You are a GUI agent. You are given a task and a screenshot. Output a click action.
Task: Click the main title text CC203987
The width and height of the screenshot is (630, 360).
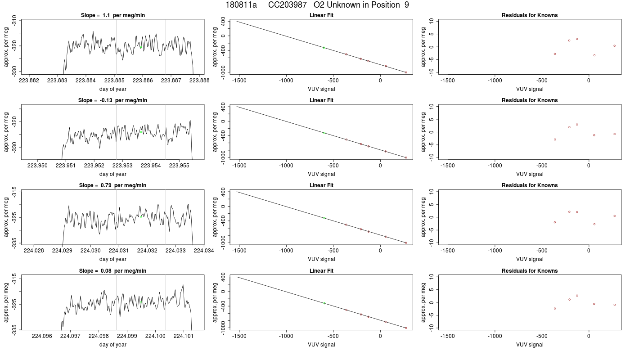pyautogui.click(x=287, y=5)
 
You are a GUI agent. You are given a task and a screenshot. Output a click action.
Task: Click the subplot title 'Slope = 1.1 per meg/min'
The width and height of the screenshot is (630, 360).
pyautogui.click(x=113, y=15)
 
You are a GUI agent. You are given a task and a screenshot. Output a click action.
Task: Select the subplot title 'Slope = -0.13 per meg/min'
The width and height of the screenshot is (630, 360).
pyautogui.click(x=113, y=100)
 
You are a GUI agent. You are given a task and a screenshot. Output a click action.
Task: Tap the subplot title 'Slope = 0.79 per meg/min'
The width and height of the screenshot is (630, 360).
pyautogui.click(x=113, y=185)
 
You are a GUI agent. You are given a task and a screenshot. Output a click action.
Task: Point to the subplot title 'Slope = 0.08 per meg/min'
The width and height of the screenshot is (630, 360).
pyautogui.click(x=113, y=271)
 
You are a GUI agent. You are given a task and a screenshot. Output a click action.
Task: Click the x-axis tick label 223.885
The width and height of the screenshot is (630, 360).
pyautogui.click(x=114, y=81)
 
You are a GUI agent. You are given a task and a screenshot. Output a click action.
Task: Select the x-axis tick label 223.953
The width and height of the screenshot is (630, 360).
pyautogui.click(x=122, y=166)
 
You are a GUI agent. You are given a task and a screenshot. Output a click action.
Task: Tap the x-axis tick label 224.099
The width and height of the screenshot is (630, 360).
pyautogui.click(x=127, y=336)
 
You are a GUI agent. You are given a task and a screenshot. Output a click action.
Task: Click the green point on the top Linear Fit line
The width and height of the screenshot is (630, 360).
pyautogui.click(x=324, y=48)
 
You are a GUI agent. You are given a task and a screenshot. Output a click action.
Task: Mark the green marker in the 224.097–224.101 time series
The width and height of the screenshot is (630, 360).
pyautogui.click(x=141, y=302)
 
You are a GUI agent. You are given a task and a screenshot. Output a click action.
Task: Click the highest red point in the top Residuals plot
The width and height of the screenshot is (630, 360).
pyautogui.click(x=577, y=39)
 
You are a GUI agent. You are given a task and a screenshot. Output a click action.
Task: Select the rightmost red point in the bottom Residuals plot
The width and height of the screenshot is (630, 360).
pyautogui.click(x=615, y=305)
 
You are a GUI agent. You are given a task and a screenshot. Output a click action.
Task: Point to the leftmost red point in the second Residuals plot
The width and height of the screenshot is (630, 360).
pyautogui.click(x=555, y=139)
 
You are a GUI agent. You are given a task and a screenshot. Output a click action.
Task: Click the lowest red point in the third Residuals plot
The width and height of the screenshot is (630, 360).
pyautogui.click(x=594, y=224)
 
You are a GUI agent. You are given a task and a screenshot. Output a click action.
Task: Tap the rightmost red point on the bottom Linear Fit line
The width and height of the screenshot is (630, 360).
pyautogui.click(x=406, y=328)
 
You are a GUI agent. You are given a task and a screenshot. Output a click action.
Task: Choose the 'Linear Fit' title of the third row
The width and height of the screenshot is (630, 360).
pyautogui.click(x=321, y=185)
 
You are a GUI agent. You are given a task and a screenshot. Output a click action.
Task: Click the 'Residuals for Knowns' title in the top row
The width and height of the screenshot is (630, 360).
pyautogui.click(x=530, y=15)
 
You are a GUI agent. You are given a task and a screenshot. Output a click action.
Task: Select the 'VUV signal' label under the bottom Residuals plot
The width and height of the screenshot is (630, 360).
pyautogui.click(x=530, y=345)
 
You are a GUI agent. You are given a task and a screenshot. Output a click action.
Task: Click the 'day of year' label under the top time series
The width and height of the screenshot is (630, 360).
pyautogui.click(x=113, y=89)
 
